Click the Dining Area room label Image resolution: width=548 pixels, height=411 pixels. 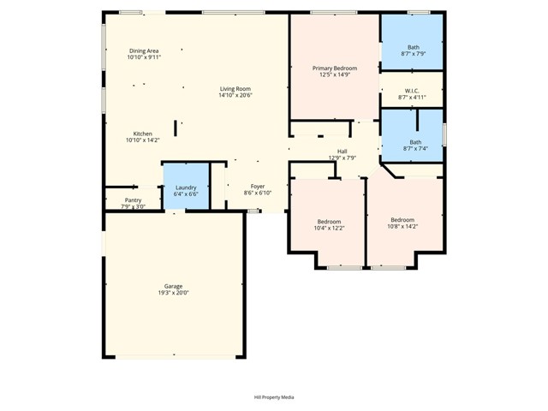click(144, 51)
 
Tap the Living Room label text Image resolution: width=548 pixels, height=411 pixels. click(235, 89)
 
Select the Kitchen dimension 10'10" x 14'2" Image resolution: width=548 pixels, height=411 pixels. click(143, 141)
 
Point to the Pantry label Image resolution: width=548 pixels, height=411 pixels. click(133, 200)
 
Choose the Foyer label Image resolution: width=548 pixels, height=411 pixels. click(258, 187)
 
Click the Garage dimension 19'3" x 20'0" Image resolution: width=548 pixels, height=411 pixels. click(173, 293)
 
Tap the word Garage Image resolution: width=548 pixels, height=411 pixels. click(173, 286)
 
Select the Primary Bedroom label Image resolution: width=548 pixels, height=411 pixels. click(334, 68)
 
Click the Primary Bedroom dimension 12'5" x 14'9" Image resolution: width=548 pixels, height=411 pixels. click(334, 74)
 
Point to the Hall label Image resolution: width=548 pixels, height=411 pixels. click(342, 151)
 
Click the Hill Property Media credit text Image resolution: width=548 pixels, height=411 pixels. click(274, 397)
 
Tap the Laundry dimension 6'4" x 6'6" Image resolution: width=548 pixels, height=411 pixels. click(186, 194)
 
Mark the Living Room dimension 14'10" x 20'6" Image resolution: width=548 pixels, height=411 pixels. click(235, 96)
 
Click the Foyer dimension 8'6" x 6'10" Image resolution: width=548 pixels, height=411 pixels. click(258, 194)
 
